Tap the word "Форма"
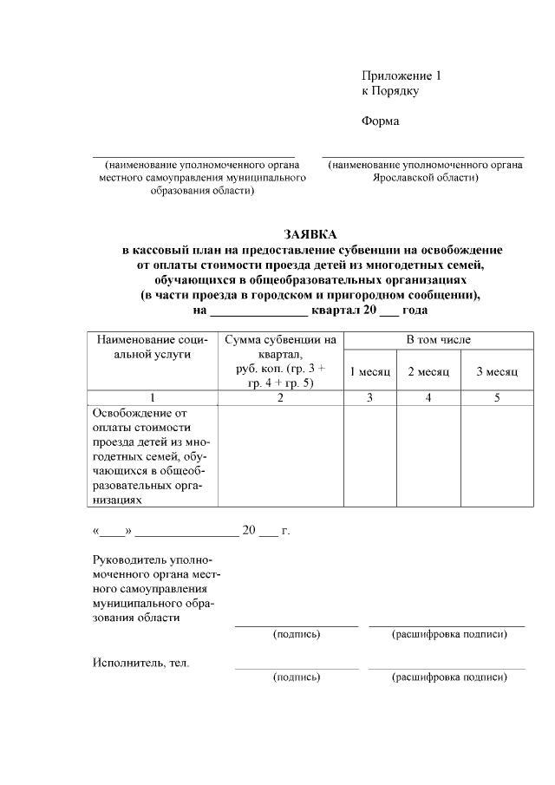[380, 121]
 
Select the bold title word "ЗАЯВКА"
[311, 234]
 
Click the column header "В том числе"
[438, 340]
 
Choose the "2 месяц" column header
[428, 371]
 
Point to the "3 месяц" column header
[496, 371]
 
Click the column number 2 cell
[280, 397]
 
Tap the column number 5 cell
[496, 397]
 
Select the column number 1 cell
[152, 397]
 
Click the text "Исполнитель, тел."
[141, 664]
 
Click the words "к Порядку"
[390, 90]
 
